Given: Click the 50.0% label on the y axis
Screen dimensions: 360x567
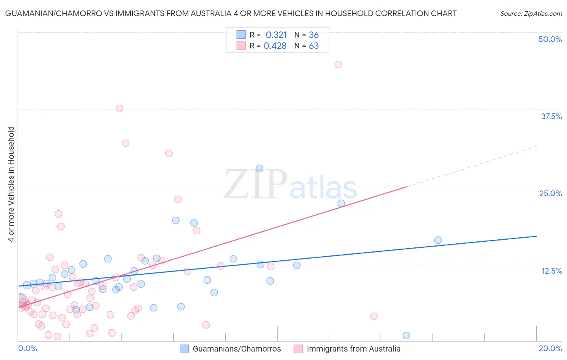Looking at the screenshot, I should tap(550, 39).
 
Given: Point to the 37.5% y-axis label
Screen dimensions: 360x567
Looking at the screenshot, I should tap(551, 116).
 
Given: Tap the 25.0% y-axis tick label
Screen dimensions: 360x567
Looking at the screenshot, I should tap(550, 193).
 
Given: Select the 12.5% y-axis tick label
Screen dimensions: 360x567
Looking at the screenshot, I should tap(551, 271).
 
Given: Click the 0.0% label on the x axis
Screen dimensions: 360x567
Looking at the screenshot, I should tap(27, 348).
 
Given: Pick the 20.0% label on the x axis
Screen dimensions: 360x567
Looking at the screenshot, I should tap(550, 348).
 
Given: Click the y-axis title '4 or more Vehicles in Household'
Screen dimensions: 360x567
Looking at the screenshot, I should tap(11, 184).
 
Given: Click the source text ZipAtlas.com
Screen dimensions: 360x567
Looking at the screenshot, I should tap(531, 14).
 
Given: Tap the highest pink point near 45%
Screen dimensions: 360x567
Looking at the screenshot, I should tap(338, 65).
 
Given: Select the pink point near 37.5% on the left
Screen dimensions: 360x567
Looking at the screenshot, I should tap(119, 109).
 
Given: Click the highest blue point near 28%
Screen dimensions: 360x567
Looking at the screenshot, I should tap(260, 169).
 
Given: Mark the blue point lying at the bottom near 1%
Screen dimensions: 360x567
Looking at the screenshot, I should tap(406, 335).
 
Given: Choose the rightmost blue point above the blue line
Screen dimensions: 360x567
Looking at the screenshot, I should tap(438, 240).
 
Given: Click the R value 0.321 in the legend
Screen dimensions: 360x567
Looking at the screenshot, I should tap(276, 35).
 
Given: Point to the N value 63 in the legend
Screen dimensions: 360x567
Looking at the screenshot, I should tap(314, 46).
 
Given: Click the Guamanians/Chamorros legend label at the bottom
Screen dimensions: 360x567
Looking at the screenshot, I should tap(237, 349).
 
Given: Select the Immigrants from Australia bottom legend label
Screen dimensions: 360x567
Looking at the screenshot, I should tap(353, 349).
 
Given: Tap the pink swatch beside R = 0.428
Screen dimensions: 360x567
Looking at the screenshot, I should tap(241, 46).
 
